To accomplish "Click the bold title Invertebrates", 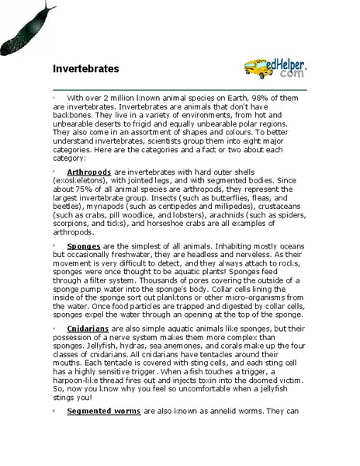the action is pyautogui.click(x=85, y=68).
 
